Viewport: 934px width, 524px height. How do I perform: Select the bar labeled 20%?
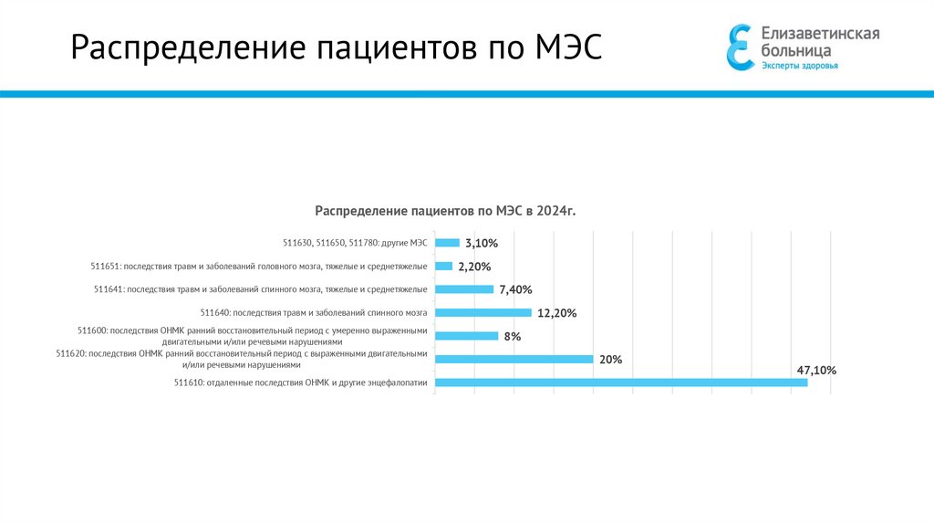point(514,359)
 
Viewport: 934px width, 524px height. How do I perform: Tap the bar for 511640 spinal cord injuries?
point(483,312)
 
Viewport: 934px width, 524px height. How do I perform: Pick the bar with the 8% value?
point(466,336)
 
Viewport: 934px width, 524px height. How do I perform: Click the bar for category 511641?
point(463,289)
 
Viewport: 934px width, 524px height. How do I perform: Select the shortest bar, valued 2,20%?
point(443,266)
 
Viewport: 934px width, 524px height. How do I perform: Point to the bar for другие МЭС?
point(447,243)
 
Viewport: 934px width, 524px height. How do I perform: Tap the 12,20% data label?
point(557,313)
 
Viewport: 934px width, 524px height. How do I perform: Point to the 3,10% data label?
point(482,244)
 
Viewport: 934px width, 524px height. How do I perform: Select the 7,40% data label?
point(515,289)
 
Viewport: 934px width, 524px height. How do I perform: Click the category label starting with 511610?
point(300,383)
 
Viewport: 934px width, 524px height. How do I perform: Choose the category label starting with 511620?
point(242,359)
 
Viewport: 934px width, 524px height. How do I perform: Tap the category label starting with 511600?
point(253,335)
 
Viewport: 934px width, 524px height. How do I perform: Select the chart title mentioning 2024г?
point(446,211)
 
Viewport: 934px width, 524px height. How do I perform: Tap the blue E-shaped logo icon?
point(739,47)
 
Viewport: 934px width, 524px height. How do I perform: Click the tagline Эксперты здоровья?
point(800,66)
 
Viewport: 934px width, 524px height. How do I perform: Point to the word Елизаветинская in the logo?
point(820,34)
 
